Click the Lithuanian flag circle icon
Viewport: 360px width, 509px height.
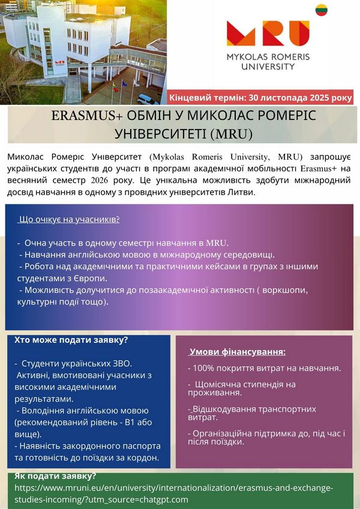click(321, 10)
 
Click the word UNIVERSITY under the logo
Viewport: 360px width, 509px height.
click(268, 66)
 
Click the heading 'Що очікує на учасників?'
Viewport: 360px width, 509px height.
click(69, 219)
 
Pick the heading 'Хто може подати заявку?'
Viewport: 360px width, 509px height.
click(71, 340)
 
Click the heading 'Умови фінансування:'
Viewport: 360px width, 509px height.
click(238, 352)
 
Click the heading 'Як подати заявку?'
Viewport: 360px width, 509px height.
click(55, 476)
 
